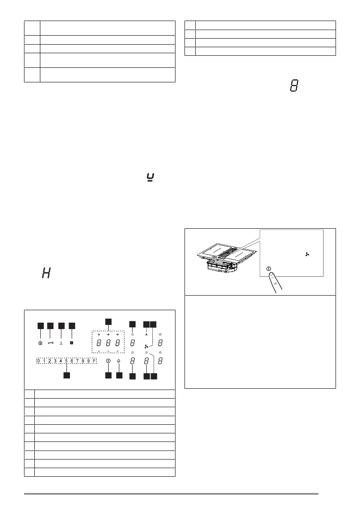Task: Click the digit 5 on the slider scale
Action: point(67,361)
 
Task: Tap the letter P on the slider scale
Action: point(94,361)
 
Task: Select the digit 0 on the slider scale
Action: point(38,361)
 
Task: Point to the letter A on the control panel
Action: point(146,334)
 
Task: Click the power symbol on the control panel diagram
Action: point(108,361)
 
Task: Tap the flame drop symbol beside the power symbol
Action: point(119,361)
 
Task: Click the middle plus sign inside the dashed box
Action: point(108,334)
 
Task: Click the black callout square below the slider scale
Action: point(67,375)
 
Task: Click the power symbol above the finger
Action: point(269,269)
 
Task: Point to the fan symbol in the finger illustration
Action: point(307,254)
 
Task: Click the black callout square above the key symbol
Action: point(50,326)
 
